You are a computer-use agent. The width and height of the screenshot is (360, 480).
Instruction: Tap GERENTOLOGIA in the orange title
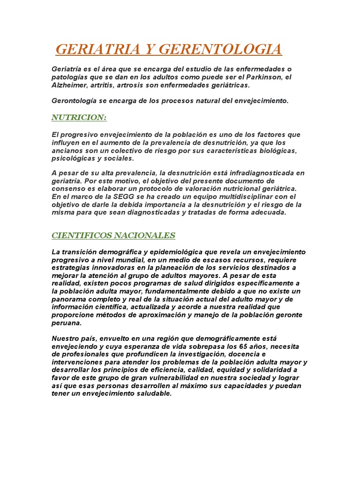coord(221,49)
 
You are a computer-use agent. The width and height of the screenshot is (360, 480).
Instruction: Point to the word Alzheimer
coord(69,85)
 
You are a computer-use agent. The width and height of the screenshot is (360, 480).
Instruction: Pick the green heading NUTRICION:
coord(79,117)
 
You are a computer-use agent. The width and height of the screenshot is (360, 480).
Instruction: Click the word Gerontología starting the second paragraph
coord(74,101)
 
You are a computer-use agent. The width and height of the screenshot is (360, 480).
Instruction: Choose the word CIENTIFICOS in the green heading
coord(82,235)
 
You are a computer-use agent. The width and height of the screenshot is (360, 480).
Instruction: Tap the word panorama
coord(68,298)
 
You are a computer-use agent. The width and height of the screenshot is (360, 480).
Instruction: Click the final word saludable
coord(152,393)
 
